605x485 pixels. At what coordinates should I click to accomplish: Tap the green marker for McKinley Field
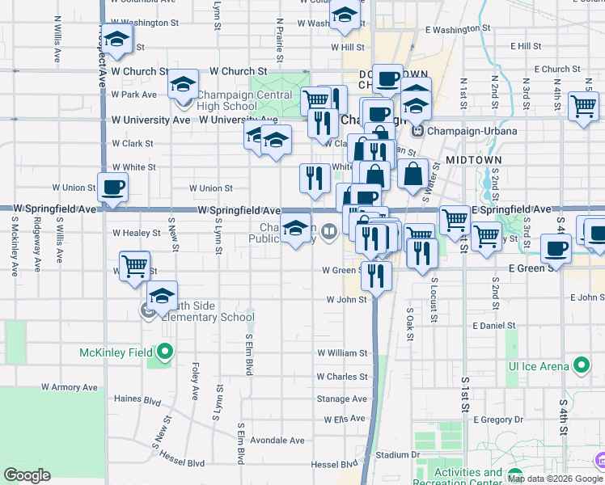pos(166,352)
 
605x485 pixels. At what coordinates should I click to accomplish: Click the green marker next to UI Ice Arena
pos(581,365)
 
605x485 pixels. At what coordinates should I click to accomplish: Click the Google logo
pos(27,475)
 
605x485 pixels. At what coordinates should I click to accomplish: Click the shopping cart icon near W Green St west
pos(134,265)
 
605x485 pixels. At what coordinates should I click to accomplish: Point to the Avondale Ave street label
pos(277,441)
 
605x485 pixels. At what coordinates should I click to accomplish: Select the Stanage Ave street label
pos(341,399)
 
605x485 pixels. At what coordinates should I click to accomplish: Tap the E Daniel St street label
pos(493,326)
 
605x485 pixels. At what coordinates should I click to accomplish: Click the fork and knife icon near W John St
pos(377,275)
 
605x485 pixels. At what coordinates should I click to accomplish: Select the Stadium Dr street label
pos(397,455)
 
